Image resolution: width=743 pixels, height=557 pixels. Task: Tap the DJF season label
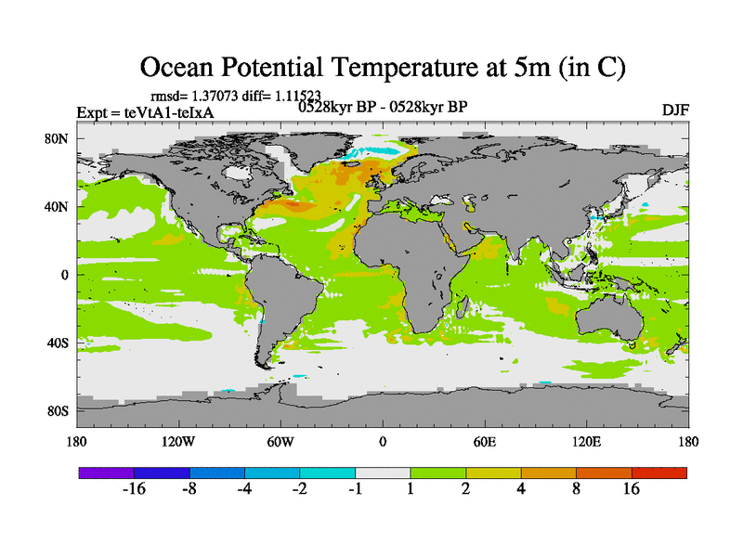674,110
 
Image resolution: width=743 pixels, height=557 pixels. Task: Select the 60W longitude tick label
280,441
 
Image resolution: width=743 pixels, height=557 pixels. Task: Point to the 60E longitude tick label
485,441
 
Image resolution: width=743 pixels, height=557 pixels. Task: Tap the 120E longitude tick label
587,441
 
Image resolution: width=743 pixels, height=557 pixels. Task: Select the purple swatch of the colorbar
107,473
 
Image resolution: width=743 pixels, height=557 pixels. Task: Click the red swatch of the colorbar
659,473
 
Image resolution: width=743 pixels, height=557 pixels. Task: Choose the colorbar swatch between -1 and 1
383,473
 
